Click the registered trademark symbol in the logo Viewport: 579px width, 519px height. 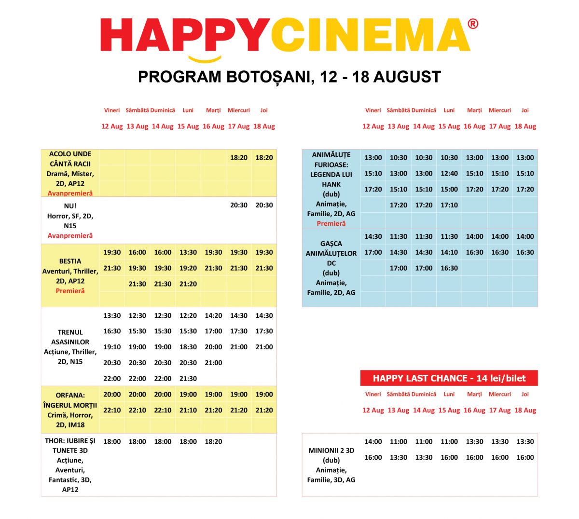pyautogui.click(x=473, y=24)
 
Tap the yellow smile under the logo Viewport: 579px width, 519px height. pyautogui.click(x=205, y=59)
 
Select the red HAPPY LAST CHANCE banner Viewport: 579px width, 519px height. pyautogui.click(x=449, y=378)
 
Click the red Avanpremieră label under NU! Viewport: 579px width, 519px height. pyautogui.click(x=70, y=236)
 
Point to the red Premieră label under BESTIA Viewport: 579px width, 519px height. pyautogui.click(x=70, y=291)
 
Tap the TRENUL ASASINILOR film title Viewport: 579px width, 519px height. pyautogui.click(x=70, y=337)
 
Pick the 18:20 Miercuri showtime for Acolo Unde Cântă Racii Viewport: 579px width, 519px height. pyautogui.click(x=239, y=158)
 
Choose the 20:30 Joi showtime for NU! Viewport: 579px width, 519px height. pyautogui.click(x=264, y=205)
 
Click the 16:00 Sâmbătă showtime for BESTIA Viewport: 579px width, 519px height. pyautogui.click(x=138, y=252)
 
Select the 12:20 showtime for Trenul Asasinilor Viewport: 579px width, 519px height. pyautogui.click(x=188, y=315)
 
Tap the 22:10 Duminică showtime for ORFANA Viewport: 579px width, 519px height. pyautogui.click(x=163, y=410)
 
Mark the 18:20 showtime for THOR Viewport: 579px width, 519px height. pyautogui.click(x=213, y=441)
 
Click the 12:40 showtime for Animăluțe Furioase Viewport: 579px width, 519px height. pyautogui.click(x=449, y=174)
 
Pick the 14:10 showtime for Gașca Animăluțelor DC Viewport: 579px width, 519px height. pyautogui.click(x=449, y=252)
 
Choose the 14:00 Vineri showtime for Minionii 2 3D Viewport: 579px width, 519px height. pyautogui.click(x=373, y=441)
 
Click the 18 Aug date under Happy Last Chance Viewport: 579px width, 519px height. pyautogui.click(x=525, y=410)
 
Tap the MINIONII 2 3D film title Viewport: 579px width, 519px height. pyautogui.click(x=331, y=451)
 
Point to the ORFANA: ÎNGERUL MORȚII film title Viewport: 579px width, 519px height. pyautogui.click(x=70, y=400)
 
